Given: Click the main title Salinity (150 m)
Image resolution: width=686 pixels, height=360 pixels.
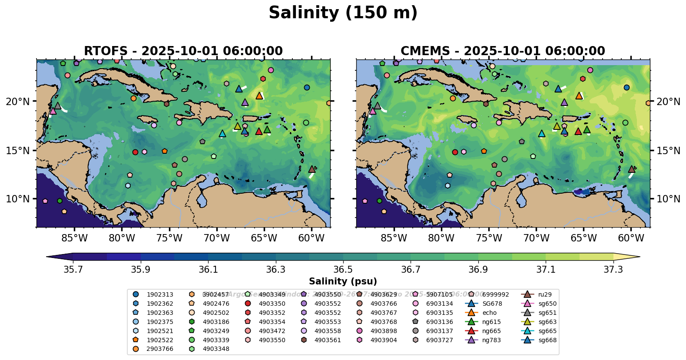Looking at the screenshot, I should (x=343, y=13).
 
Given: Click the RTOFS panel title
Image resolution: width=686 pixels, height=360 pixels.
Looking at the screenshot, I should (x=183, y=51).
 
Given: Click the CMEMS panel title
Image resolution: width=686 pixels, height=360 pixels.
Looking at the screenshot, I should (x=503, y=51).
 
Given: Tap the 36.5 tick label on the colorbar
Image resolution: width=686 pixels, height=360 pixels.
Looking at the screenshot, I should (x=343, y=270).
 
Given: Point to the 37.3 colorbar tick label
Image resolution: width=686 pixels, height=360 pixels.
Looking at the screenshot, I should (x=613, y=270).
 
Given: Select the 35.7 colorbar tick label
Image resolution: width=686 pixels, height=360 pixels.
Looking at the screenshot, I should (x=73, y=270).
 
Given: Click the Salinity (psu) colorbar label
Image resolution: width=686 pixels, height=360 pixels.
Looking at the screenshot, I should (x=343, y=281).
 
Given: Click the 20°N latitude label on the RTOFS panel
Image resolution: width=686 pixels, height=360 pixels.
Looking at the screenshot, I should (x=18, y=102).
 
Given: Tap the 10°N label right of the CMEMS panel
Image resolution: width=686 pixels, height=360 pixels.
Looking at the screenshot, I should (x=668, y=199).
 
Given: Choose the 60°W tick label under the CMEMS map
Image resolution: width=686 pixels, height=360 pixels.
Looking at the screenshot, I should (x=631, y=238).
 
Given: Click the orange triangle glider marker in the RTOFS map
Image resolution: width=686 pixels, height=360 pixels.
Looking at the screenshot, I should (x=259, y=96).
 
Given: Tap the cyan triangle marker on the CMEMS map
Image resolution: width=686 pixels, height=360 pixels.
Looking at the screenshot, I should (x=542, y=134).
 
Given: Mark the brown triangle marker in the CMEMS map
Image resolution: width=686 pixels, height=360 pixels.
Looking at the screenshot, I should (x=632, y=169).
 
